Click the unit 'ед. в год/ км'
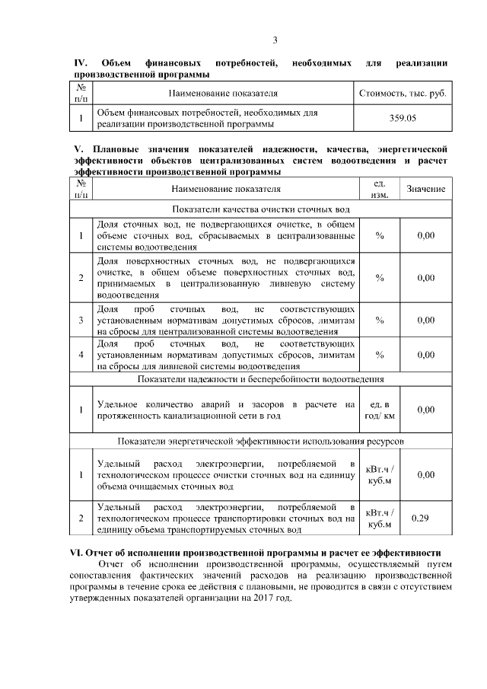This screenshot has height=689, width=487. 380,410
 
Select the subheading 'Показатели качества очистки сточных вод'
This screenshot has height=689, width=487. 261,209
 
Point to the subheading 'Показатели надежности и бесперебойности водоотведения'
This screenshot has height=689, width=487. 261,378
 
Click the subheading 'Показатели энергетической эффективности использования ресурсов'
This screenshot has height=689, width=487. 261,442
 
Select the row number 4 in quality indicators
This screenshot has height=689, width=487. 81,355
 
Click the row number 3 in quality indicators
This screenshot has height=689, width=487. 81,321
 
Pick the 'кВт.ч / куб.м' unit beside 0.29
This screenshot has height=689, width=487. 380,518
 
